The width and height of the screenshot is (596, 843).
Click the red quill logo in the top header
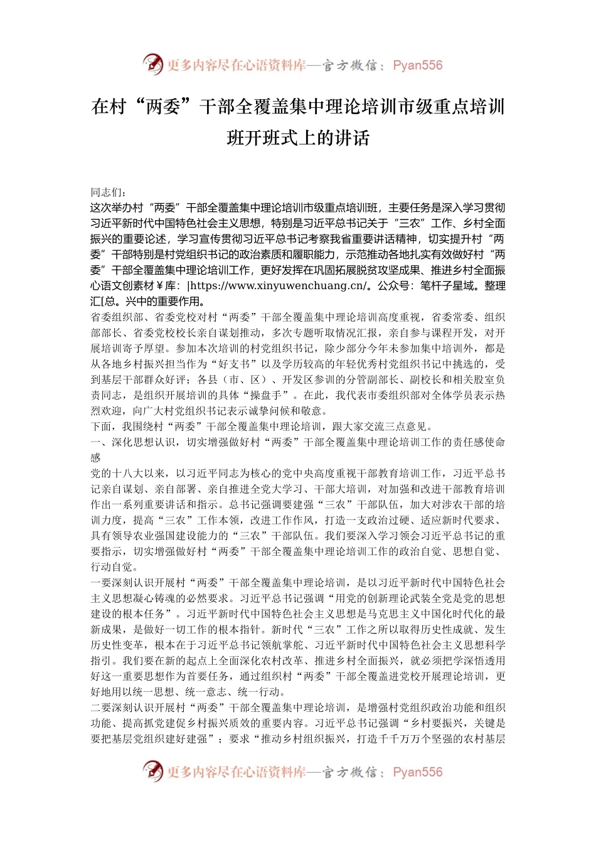point(152,65)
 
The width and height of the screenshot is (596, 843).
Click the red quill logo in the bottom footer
point(152,771)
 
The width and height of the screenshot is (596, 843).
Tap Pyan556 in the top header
point(417,65)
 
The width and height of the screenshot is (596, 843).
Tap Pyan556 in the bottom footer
point(417,772)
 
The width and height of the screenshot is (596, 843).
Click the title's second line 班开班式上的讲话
point(298,137)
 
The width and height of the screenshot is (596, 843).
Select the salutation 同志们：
point(109,192)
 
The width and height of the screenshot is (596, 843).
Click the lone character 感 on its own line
point(96,458)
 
